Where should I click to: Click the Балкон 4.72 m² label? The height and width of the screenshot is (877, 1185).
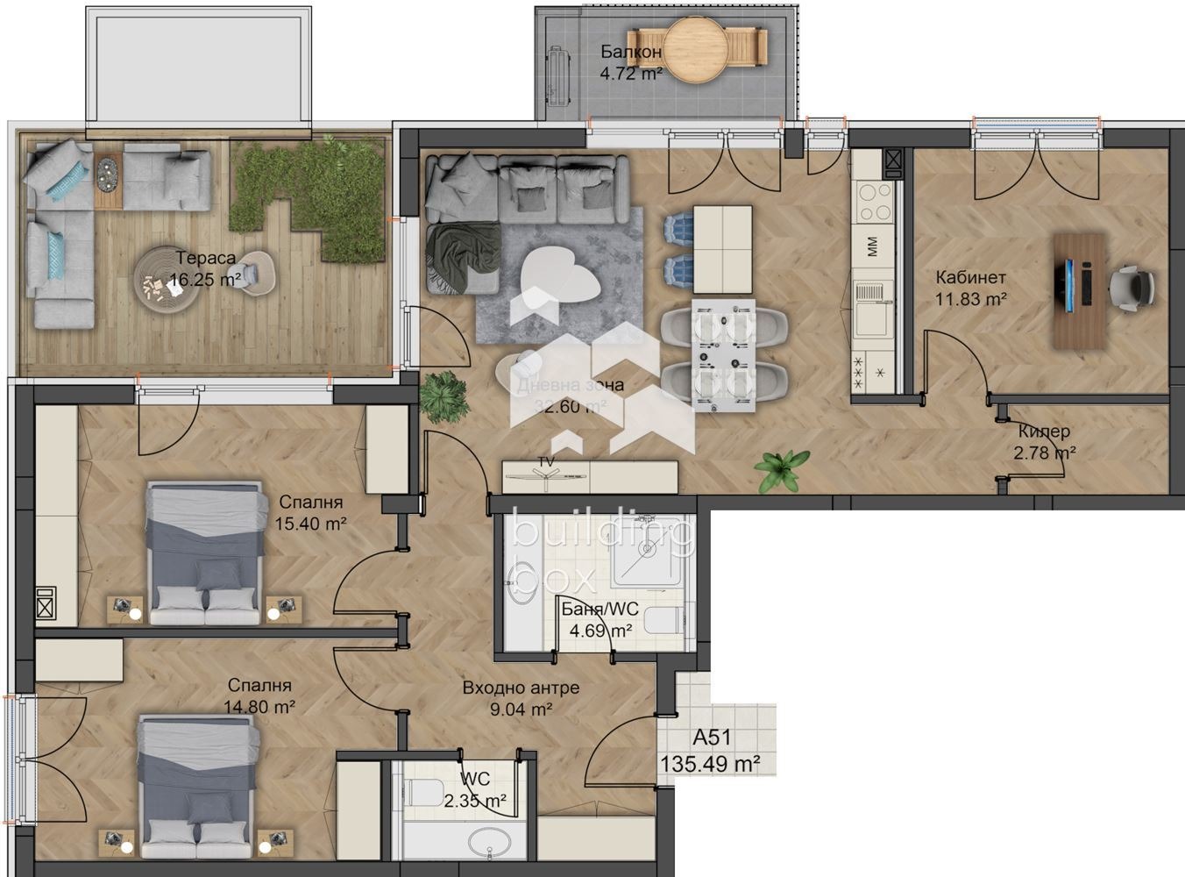(630, 62)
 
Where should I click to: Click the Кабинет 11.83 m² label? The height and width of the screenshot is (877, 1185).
(970, 288)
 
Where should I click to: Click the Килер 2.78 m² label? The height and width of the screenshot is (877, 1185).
(1044, 442)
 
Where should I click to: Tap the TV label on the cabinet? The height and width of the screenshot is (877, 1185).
(547, 461)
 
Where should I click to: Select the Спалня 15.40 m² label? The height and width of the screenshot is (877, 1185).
(311, 513)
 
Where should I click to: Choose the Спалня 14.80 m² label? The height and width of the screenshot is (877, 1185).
(259, 695)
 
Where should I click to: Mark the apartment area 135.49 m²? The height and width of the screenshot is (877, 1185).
(709, 764)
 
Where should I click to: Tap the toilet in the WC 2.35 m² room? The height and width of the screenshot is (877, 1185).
(424, 792)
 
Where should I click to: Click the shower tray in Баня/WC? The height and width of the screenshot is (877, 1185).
(646, 551)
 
